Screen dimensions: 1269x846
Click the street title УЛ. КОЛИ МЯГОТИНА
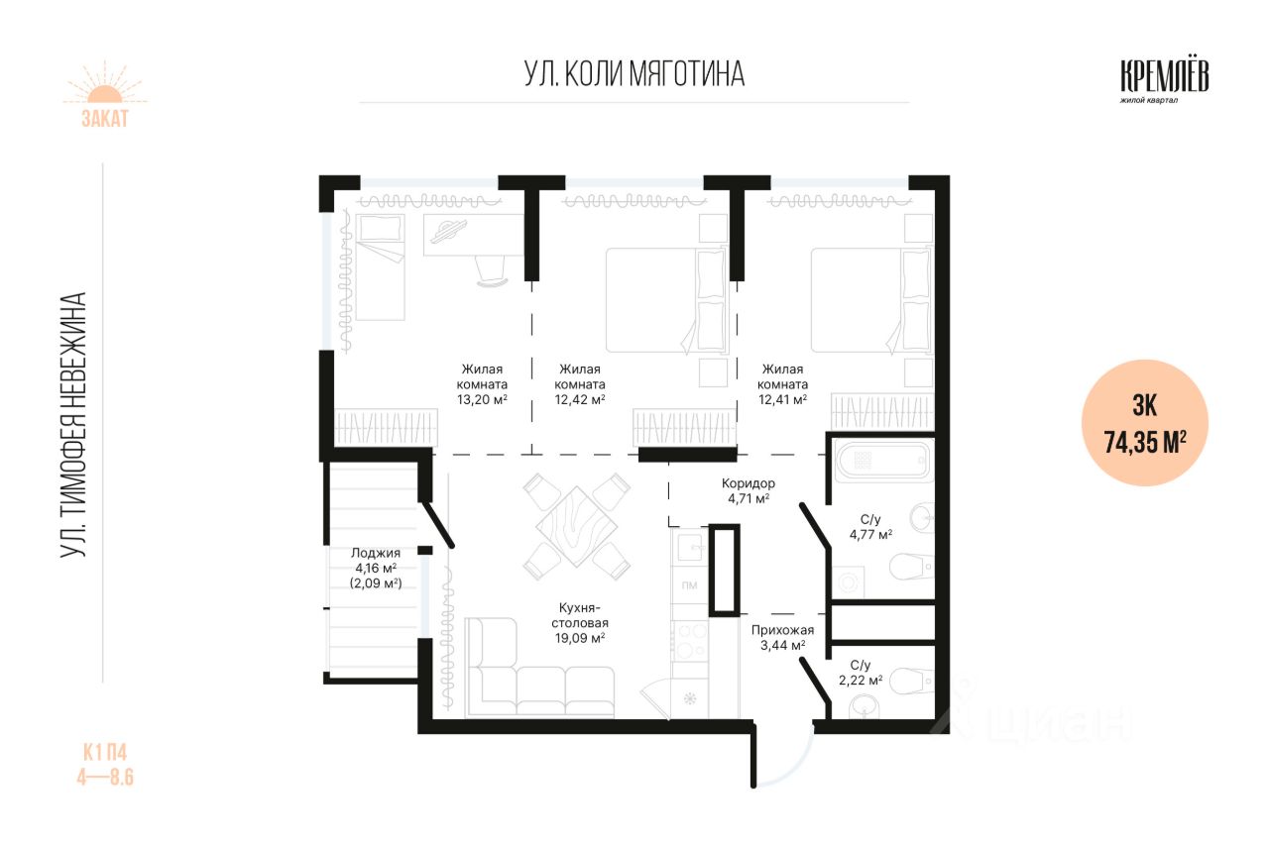pyautogui.click(x=634, y=73)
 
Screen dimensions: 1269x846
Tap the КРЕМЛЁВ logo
pyautogui.click(x=1164, y=81)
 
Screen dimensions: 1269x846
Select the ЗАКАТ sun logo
pyautogui.click(x=105, y=94)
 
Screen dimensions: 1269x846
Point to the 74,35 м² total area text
pyautogui.click(x=1145, y=442)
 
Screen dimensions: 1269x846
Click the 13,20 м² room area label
pyautogui.click(x=482, y=400)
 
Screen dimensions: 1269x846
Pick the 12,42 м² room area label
pyautogui.click(x=580, y=400)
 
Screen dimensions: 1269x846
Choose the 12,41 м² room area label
pyautogui.click(x=783, y=400)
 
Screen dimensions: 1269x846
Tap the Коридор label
pyautogui.click(x=748, y=483)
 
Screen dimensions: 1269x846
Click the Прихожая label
pyautogui.click(x=782, y=630)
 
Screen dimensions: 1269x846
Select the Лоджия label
pyautogui.click(x=376, y=553)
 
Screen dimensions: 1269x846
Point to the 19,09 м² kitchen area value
pyautogui.click(x=580, y=638)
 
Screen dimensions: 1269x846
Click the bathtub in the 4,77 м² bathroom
pyautogui.click(x=883, y=461)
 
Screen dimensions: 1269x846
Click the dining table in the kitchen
pyautogui.click(x=577, y=526)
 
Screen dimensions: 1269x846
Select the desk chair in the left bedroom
pyautogui.click(x=492, y=271)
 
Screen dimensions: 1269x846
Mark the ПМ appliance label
pyautogui.click(x=689, y=584)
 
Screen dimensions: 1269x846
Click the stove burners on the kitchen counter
pyautogui.click(x=689, y=641)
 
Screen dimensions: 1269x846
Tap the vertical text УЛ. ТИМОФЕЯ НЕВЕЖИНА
pyautogui.click(x=73, y=425)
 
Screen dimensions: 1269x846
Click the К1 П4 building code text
pyautogui.click(x=105, y=753)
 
